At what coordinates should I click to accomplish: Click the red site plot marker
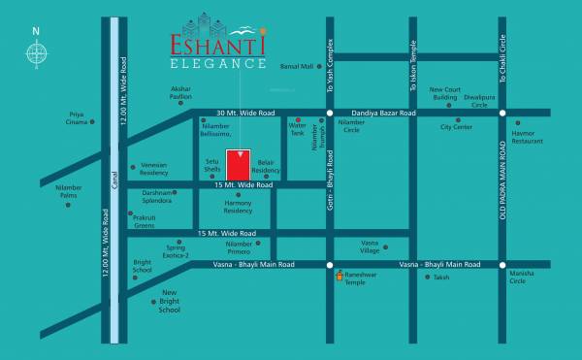point(239,164)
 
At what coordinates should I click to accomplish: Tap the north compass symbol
point(36,54)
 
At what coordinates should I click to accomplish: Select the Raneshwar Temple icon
point(339,276)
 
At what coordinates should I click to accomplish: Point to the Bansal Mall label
point(297,67)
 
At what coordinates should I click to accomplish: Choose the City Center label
point(456,127)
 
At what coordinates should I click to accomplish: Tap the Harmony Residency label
point(238,207)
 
